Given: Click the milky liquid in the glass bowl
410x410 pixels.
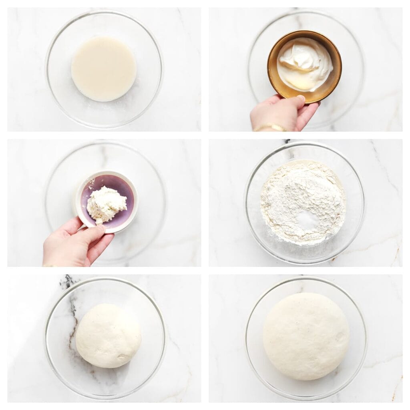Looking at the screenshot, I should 104,69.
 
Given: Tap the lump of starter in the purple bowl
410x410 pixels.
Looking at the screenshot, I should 106,203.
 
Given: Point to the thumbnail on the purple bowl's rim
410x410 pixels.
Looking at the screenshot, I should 100,229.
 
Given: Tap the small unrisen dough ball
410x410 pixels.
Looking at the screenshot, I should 108,336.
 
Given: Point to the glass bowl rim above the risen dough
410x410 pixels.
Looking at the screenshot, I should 306,279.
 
